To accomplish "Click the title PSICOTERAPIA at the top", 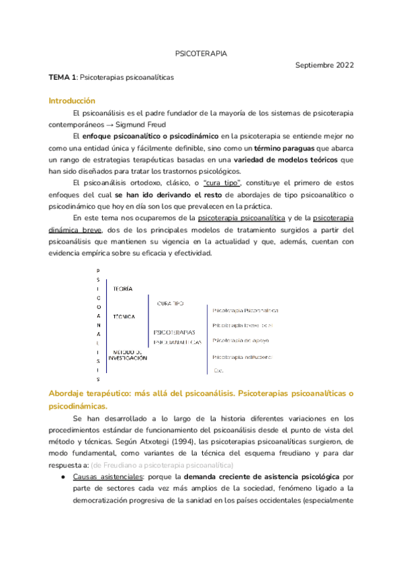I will coord(201,52).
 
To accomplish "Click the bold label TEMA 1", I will coord(62,78).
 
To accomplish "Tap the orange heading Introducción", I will coord(73,101).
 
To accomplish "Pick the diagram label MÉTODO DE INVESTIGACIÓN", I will coord(128,355).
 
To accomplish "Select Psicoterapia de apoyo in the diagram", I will coord(240,341).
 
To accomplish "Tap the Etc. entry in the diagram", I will coord(218,370).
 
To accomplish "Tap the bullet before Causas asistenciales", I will coord(62,477).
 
